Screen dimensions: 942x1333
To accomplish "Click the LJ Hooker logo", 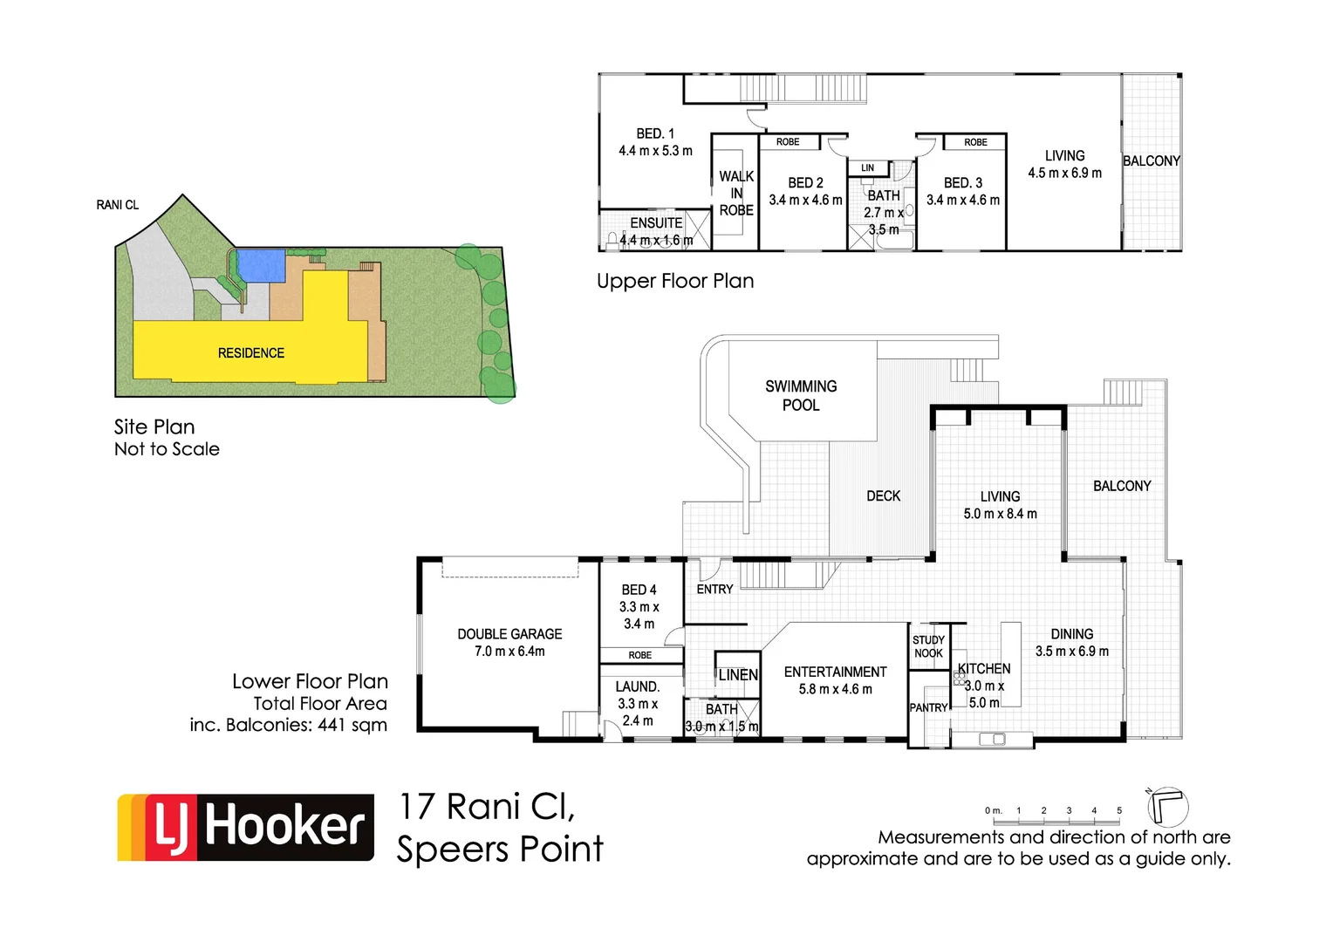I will (246, 827).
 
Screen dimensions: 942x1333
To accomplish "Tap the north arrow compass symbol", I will (1167, 806).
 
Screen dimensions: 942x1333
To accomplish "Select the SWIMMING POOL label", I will (801, 395).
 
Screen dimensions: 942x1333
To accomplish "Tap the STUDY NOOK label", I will (928, 646).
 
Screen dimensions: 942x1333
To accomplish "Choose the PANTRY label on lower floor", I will (928, 707).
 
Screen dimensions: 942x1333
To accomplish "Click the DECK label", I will (883, 495).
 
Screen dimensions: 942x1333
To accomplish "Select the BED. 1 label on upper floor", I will (655, 133).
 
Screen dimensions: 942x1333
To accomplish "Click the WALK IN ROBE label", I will (736, 193).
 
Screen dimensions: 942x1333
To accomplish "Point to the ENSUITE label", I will (656, 223).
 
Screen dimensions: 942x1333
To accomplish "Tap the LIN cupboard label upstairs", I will (867, 167).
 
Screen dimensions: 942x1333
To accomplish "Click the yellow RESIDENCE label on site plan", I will (251, 353).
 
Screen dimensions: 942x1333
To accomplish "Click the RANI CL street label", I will (118, 205).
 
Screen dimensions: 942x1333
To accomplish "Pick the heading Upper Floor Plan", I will (675, 281).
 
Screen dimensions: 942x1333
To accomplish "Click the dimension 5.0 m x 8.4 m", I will (1000, 514).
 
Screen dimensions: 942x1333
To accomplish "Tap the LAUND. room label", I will (638, 686).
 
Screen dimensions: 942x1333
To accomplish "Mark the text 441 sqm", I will (352, 725).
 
